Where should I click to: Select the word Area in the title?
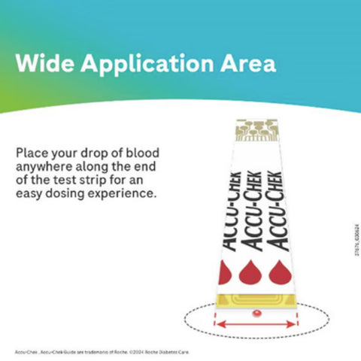point(246,63)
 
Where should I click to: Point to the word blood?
point(143,153)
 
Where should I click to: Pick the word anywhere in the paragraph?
point(44,166)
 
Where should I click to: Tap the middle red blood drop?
point(250,272)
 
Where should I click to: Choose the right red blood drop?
point(278,272)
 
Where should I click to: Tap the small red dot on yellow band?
point(256,311)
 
